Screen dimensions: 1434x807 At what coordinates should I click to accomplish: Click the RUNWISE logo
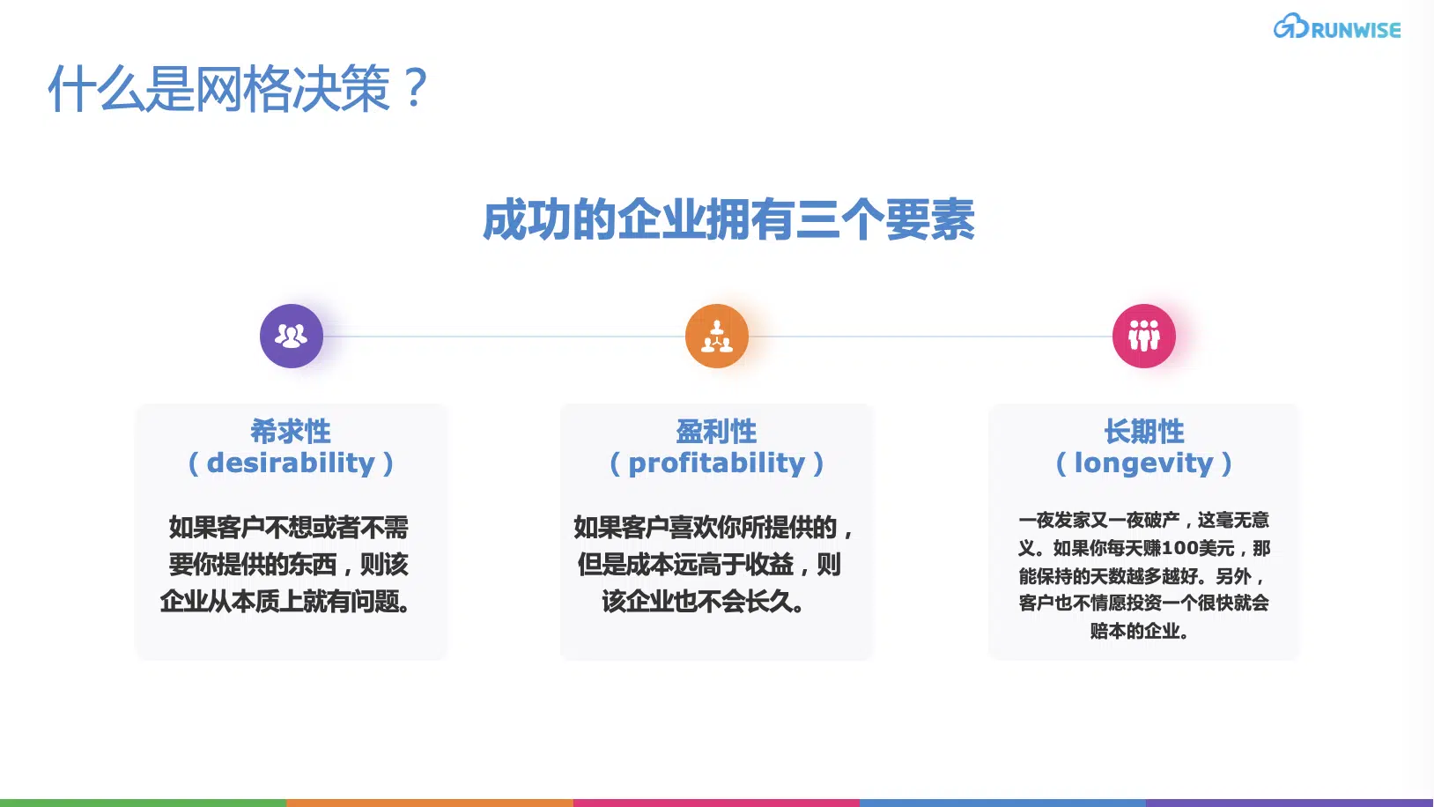(x=1337, y=27)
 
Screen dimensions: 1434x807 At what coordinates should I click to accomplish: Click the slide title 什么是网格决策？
(x=238, y=88)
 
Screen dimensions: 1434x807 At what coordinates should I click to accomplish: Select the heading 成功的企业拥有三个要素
(x=728, y=219)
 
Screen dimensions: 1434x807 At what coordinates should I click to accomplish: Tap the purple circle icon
(x=292, y=336)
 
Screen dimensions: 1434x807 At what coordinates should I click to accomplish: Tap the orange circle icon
(x=717, y=336)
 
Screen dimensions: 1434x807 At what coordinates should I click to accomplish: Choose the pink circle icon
(x=1144, y=336)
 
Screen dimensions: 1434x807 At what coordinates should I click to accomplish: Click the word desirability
(x=291, y=463)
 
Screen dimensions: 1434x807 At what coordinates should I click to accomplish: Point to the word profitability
(x=716, y=463)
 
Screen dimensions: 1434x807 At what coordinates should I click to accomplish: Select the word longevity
(x=1144, y=463)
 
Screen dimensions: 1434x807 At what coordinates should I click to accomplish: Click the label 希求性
(x=291, y=431)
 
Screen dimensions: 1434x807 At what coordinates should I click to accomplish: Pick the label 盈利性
(x=716, y=431)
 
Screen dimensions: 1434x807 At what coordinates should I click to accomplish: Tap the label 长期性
(x=1144, y=431)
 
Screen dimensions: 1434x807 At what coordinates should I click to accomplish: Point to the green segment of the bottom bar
(x=144, y=803)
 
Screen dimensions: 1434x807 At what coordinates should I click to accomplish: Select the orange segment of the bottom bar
(x=430, y=803)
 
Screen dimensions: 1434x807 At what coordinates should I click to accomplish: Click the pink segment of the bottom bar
(x=717, y=803)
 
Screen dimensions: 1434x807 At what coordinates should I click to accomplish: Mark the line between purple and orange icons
(x=504, y=336)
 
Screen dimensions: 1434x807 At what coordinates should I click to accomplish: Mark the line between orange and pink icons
(x=930, y=336)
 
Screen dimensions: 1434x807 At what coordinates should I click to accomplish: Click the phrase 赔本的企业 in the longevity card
(x=1135, y=631)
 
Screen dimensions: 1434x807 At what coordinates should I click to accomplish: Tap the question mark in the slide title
(x=416, y=87)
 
